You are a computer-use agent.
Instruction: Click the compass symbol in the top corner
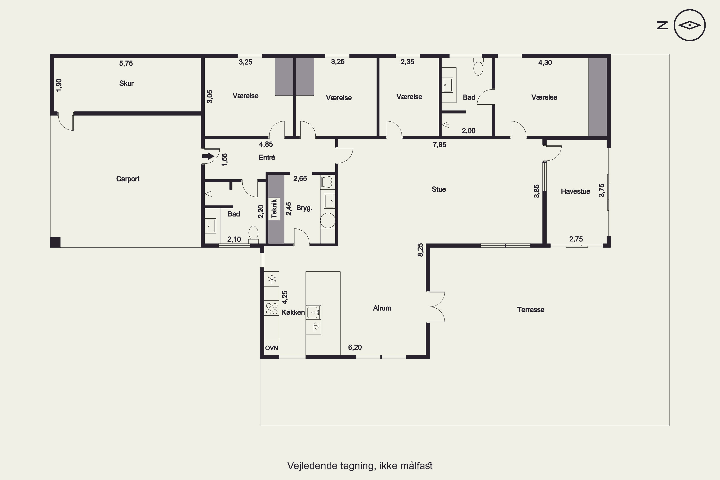pos(690,25)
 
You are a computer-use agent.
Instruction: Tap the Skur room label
pos(126,83)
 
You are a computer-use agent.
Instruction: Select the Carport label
pos(128,179)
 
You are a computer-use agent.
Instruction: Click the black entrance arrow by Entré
pos(208,156)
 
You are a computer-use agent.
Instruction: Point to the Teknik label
pos(274,209)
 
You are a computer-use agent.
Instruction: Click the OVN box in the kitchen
pos(271,348)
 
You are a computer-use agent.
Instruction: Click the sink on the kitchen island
pos(313,312)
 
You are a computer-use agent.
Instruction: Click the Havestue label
pos(576,191)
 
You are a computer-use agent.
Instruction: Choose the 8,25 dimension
pos(421,250)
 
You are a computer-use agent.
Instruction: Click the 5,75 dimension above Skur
pos(126,63)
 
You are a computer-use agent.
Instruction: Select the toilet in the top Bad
pos(478,67)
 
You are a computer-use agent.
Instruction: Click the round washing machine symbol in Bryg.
pos(328,220)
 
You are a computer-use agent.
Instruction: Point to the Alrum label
pos(382,308)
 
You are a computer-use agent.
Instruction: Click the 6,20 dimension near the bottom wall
pos(355,348)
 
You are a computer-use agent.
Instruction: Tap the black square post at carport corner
pos(55,242)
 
